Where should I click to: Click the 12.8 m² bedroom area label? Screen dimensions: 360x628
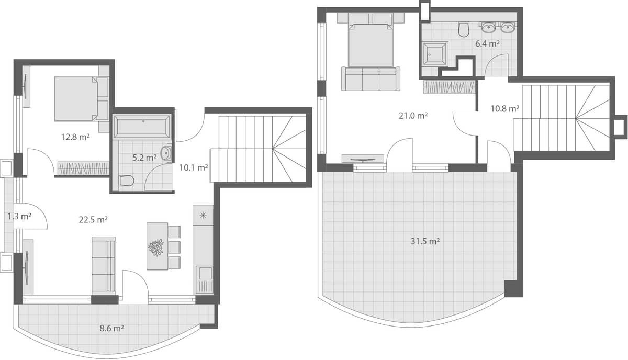(75, 137)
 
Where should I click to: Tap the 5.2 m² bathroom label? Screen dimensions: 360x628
(144, 157)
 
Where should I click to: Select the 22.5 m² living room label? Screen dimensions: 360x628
(93, 220)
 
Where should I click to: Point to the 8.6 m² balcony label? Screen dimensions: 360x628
(111, 329)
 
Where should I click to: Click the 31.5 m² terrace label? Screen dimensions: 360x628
(424, 241)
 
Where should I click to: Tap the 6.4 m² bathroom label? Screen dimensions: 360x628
(487, 43)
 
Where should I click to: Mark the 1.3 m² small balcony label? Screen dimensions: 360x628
(20, 216)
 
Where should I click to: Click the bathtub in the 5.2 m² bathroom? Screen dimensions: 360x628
(142, 126)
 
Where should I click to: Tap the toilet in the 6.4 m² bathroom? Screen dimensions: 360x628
(464, 29)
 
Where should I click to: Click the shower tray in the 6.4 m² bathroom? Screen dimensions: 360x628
(435, 53)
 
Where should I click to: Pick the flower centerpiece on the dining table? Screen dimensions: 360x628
(156, 247)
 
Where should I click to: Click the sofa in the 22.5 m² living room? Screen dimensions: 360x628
(104, 264)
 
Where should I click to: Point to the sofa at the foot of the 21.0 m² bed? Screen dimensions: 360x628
(371, 78)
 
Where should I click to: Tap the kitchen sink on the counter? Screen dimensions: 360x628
(204, 273)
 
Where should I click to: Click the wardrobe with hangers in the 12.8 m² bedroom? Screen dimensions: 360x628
(83, 168)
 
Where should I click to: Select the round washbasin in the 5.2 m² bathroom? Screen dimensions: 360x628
(166, 153)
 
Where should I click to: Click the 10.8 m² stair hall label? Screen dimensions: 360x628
(504, 109)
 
